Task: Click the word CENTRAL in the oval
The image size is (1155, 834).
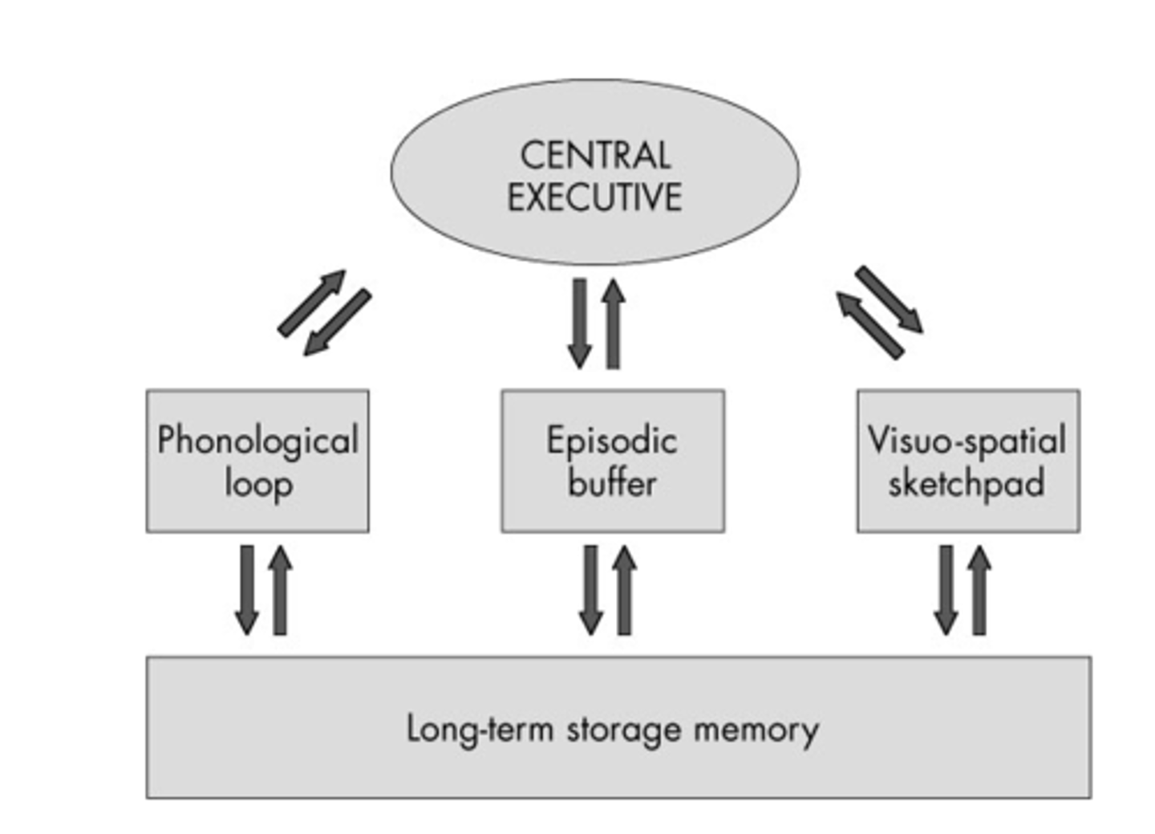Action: (594, 155)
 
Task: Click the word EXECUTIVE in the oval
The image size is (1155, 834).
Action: (594, 197)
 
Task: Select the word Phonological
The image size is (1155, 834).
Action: (257, 441)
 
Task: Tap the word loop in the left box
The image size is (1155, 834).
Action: (258, 484)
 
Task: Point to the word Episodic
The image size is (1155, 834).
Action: (612, 441)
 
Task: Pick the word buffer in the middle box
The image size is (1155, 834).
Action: (612, 483)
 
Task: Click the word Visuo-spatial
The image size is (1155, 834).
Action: (967, 440)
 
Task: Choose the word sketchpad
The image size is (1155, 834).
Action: (967, 483)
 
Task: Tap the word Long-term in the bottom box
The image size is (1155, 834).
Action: (480, 729)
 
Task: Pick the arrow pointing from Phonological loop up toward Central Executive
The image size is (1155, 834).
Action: (311, 303)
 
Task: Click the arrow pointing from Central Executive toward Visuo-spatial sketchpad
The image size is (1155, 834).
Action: (890, 299)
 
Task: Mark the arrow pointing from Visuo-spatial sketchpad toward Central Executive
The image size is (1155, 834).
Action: (869, 325)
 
